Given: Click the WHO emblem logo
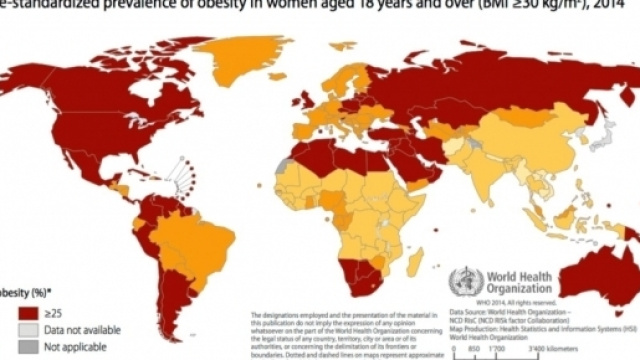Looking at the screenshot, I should click(x=465, y=280).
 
